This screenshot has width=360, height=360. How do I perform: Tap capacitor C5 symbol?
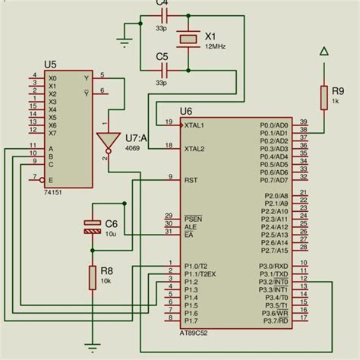(x=162, y=71)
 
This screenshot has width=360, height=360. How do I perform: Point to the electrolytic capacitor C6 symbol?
(x=92, y=225)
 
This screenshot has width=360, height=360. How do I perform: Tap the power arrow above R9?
(x=324, y=52)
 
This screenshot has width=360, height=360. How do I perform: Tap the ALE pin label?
(x=190, y=226)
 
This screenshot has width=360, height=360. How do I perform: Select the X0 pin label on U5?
(x=52, y=77)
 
